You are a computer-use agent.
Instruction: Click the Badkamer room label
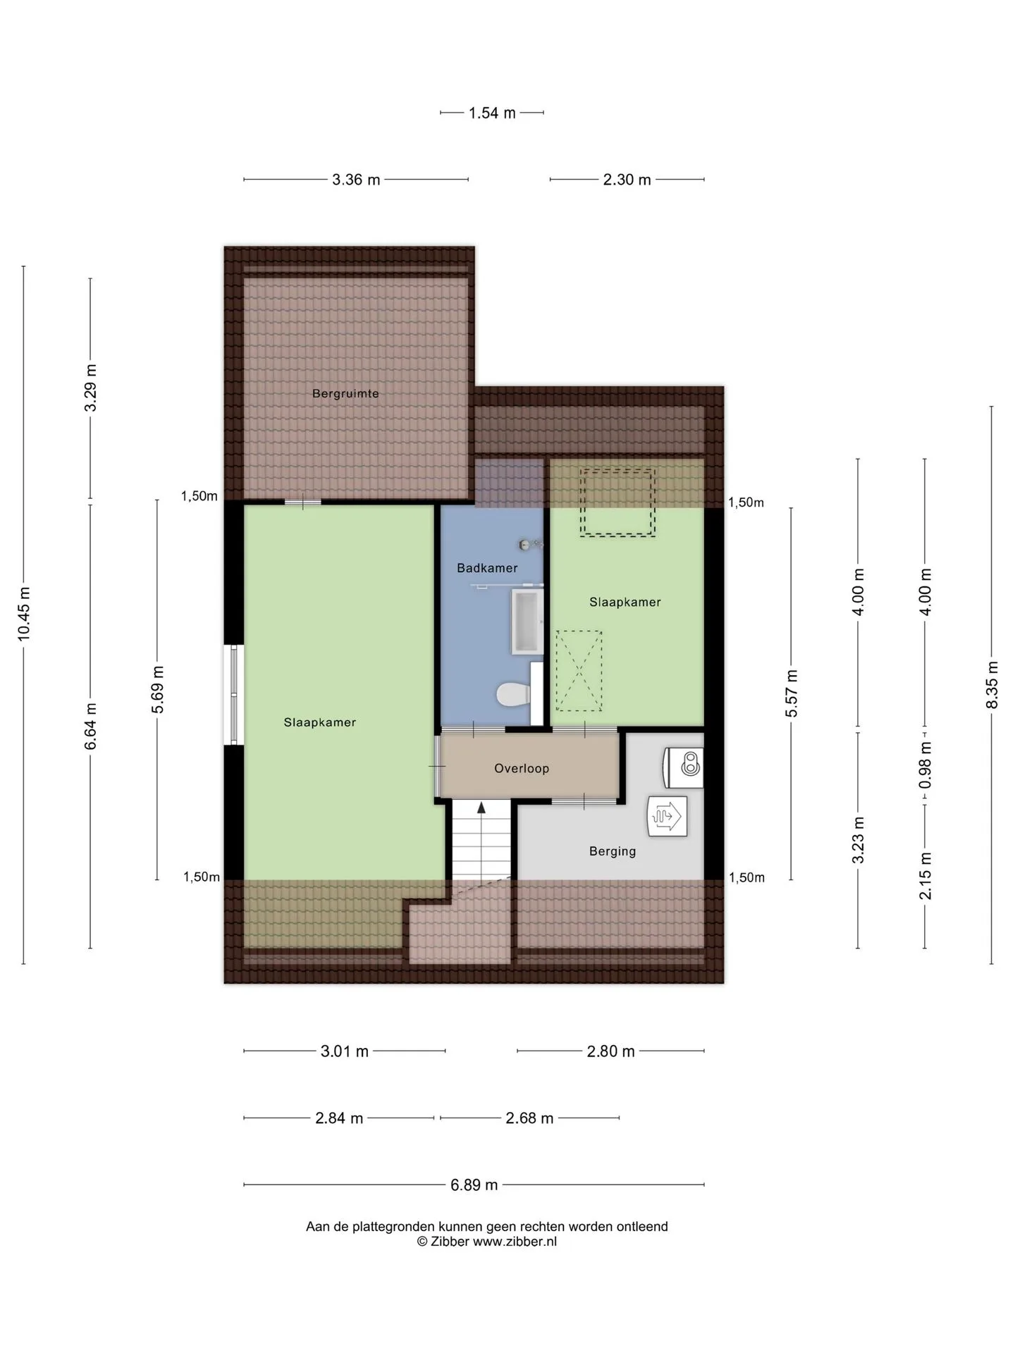pos(487,568)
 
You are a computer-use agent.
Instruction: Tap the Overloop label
pos(522,769)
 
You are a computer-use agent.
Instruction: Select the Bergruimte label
pos(345,394)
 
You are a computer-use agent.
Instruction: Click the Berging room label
pos(613,851)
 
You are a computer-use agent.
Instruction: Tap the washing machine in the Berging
pos(683,767)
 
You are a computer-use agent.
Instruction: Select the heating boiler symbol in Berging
pos(668,816)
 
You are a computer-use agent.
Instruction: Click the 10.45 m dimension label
pos(24,614)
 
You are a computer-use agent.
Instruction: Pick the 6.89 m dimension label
pos(474,1185)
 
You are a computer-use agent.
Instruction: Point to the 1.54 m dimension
pos(492,113)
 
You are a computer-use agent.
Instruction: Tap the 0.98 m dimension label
pos(925,765)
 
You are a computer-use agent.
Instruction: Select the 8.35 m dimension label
pos(992,685)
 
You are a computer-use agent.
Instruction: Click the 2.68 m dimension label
pos(529,1118)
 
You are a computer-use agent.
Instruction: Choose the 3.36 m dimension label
pos(356,180)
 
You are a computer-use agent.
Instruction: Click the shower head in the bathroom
pos(527,544)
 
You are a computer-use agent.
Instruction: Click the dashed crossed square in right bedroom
pos(579,671)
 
